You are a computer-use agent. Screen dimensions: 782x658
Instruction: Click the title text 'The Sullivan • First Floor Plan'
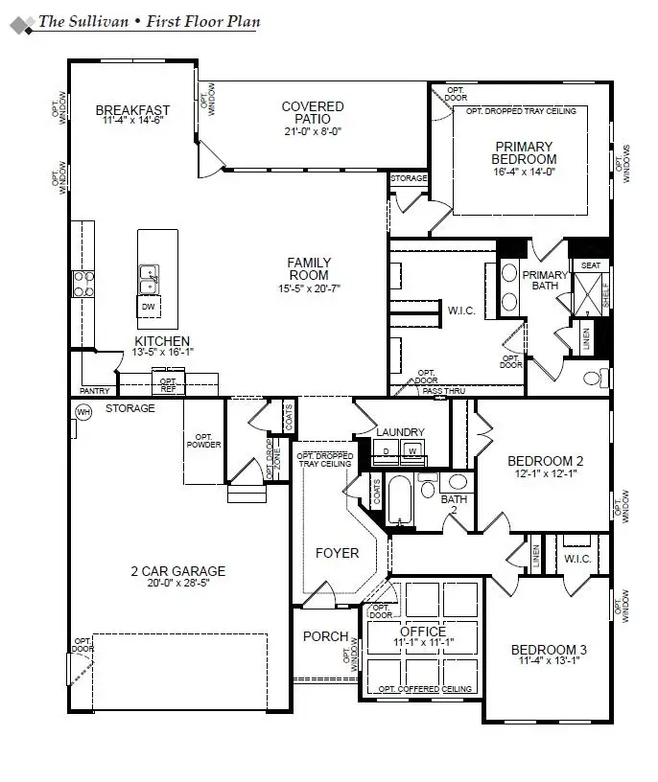click(x=148, y=21)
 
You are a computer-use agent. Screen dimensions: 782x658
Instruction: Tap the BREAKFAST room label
click(x=132, y=109)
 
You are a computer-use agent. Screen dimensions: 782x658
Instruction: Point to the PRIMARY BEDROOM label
click(x=523, y=152)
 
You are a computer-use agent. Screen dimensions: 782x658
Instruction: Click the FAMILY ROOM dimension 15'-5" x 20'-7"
click(x=309, y=287)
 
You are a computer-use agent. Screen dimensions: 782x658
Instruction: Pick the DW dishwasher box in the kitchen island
click(x=148, y=307)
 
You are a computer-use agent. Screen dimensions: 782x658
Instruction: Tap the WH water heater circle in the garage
click(x=82, y=411)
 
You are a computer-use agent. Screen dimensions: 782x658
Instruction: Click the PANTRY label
click(x=96, y=391)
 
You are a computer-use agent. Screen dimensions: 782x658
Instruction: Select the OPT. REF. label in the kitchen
click(x=168, y=384)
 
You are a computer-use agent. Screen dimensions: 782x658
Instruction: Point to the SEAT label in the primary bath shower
click(x=591, y=265)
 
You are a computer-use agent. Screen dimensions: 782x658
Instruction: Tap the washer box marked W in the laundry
click(x=411, y=450)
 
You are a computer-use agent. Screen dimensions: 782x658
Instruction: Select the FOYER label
click(x=337, y=553)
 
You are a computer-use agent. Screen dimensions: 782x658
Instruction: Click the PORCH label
click(x=318, y=636)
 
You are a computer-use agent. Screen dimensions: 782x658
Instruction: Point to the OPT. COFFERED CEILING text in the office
click(x=424, y=689)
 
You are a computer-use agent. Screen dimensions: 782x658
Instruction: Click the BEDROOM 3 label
click(x=548, y=650)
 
